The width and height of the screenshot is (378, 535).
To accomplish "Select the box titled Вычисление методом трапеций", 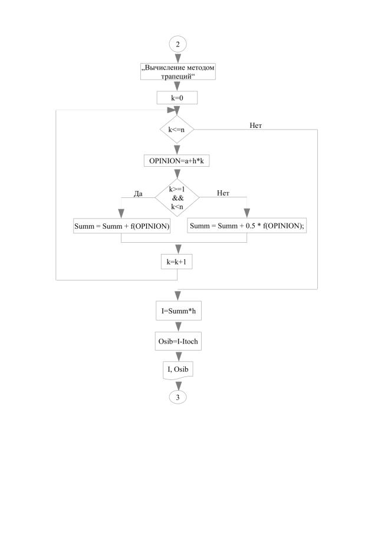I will (178, 72).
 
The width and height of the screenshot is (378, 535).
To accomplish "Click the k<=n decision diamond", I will (178, 129).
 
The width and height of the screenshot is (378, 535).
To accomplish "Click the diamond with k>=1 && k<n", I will (178, 199).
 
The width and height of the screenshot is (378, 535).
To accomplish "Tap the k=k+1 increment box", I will (178, 262).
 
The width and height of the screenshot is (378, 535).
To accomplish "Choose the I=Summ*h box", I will (178, 311).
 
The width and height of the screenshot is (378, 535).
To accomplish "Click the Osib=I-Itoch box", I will (178, 342).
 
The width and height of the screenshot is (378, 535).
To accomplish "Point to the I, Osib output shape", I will (178, 369).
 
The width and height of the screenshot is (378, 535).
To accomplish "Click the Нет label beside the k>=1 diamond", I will (223, 193).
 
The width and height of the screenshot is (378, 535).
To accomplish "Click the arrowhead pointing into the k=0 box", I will (178, 87).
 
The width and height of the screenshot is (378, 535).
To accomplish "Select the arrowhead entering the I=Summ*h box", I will (178, 297).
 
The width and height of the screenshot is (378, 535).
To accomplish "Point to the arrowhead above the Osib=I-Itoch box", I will (178, 328).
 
